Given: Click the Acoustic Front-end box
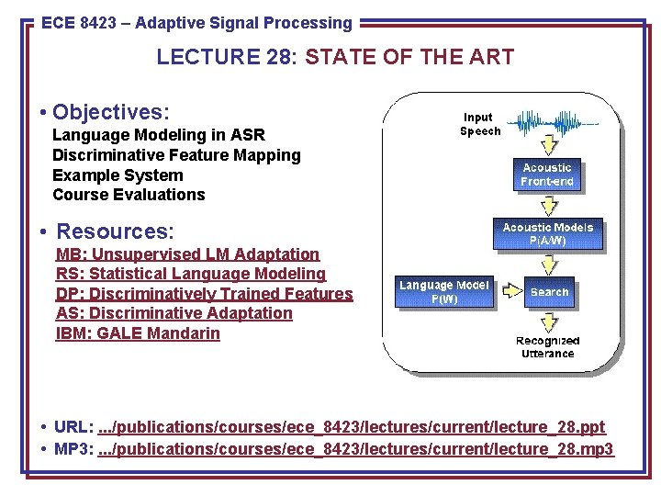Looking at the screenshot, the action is tap(547, 174).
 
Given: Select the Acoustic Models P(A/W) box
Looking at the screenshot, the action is tap(548, 233).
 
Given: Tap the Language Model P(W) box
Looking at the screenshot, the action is tap(444, 292).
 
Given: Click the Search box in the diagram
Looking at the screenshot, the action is tap(550, 292).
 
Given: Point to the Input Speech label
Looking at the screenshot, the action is tap(478, 124).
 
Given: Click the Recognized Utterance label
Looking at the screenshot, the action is tap(547, 347).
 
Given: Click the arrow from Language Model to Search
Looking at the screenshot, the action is tap(509, 292).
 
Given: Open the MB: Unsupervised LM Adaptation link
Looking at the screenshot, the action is tap(187, 254).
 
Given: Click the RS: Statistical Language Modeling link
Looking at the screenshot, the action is tap(191, 274).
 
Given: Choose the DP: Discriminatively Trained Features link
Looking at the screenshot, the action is tap(204, 294).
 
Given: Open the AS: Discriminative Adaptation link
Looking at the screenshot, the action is tap(174, 313).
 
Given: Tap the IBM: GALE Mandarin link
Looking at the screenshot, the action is tap(138, 333).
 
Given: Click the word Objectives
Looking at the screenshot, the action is tap(111, 112).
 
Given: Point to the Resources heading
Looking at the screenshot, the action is tap(115, 230).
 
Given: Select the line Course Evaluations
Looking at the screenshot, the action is tap(129, 195).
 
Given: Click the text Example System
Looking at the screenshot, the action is tap(118, 175).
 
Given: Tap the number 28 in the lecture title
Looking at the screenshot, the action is tap(273, 57).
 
